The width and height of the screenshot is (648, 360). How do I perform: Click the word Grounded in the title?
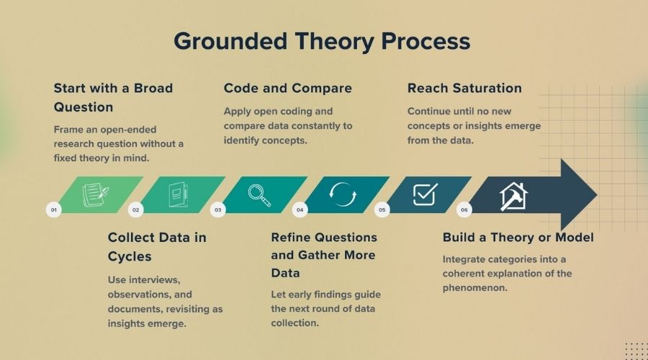pyautogui.click(x=230, y=42)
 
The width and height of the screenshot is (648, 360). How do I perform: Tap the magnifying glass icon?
pyautogui.click(x=259, y=195)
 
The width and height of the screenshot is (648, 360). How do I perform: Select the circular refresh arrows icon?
pyautogui.click(x=343, y=194)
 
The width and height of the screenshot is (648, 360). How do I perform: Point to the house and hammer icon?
pyautogui.click(x=513, y=197)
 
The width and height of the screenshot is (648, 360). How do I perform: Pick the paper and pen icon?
pyautogui.click(x=96, y=194)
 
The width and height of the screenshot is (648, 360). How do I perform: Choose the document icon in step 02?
pyautogui.click(x=178, y=194)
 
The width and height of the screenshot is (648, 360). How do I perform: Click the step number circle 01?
pyautogui.click(x=54, y=210)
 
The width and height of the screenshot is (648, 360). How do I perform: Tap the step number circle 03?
pyautogui.click(x=217, y=210)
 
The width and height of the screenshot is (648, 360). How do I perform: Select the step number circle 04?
pyautogui.click(x=300, y=210)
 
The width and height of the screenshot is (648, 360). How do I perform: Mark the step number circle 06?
pyautogui.click(x=464, y=210)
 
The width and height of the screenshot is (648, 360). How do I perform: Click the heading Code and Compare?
pyautogui.click(x=288, y=88)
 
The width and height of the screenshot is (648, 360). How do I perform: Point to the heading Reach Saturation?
pyautogui.click(x=464, y=88)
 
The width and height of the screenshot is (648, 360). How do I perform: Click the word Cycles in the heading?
pyautogui.click(x=130, y=256)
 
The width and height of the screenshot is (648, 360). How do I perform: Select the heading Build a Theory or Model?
pyautogui.click(x=518, y=238)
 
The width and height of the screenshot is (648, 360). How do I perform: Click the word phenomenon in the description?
pyautogui.click(x=475, y=288)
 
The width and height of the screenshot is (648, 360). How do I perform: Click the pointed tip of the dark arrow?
pyautogui.click(x=597, y=194)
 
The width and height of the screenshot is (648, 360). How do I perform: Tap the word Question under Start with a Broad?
pyautogui.click(x=84, y=107)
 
